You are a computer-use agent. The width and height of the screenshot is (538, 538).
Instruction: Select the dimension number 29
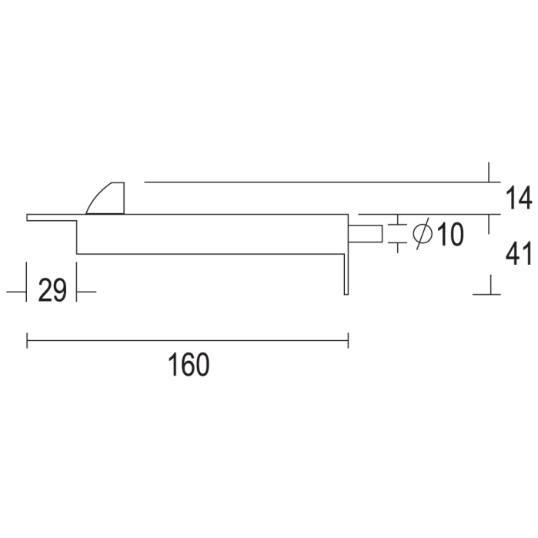(52, 291)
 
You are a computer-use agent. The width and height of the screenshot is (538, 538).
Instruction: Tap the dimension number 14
(520, 199)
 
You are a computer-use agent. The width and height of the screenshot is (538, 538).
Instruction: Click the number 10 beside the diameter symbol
(449, 235)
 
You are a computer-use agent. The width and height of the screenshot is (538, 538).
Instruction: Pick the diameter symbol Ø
(422, 234)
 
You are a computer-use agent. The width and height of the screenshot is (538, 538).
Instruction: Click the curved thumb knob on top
(108, 199)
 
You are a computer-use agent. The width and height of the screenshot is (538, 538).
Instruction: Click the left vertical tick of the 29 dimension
(26, 282)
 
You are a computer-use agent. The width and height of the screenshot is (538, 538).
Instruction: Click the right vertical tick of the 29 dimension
(77, 282)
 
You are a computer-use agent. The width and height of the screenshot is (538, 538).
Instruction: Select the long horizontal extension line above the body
(316, 182)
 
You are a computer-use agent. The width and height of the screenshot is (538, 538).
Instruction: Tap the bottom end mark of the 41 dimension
(488, 293)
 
